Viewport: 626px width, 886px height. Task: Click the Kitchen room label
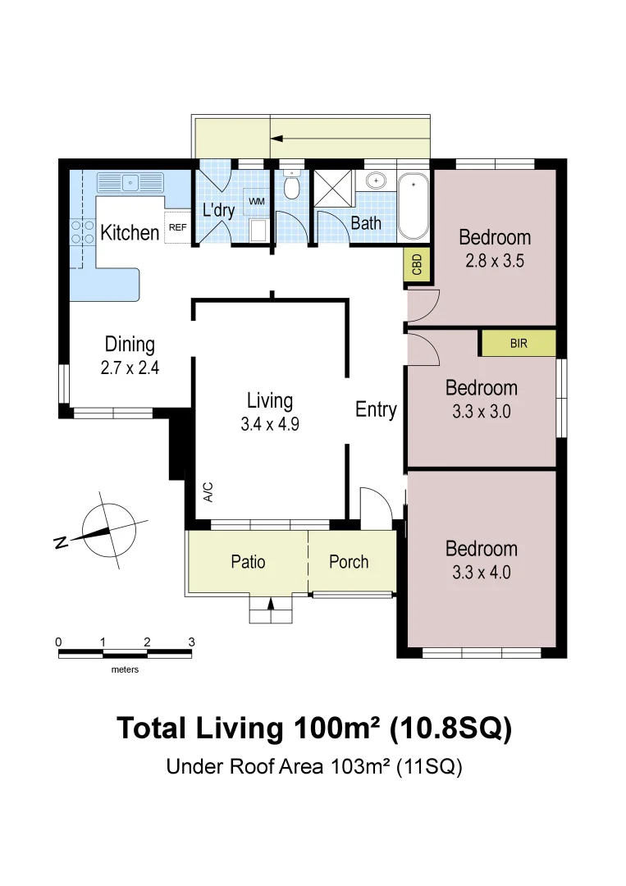pyautogui.click(x=130, y=232)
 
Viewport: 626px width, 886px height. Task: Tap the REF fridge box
pyautogui.click(x=177, y=227)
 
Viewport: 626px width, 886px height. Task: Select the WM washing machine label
pyautogui.click(x=257, y=201)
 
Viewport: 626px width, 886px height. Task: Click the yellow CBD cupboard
pyautogui.click(x=417, y=264)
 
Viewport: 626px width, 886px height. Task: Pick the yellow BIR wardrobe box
pyautogui.click(x=518, y=343)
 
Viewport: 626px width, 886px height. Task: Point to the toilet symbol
pyautogui.click(x=291, y=185)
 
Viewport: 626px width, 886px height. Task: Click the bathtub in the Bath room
pyautogui.click(x=413, y=207)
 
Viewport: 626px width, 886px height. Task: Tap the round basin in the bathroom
pyautogui.click(x=376, y=180)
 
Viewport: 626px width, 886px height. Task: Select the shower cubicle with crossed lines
pyautogui.click(x=333, y=188)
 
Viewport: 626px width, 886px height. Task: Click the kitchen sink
pyautogui.click(x=130, y=183)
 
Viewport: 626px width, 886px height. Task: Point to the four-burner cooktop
pyautogui.click(x=82, y=232)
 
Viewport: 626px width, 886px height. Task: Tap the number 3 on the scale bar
pyautogui.click(x=191, y=642)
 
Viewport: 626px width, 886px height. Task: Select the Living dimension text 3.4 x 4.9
pyautogui.click(x=270, y=424)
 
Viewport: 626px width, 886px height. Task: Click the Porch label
pyautogui.click(x=349, y=562)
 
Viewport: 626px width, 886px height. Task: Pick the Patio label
pyautogui.click(x=248, y=562)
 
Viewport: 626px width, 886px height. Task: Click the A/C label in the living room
pyautogui.click(x=208, y=491)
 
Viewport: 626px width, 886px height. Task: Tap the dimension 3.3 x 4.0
pyautogui.click(x=482, y=573)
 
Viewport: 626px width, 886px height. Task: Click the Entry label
pyautogui.click(x=376, y=409)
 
